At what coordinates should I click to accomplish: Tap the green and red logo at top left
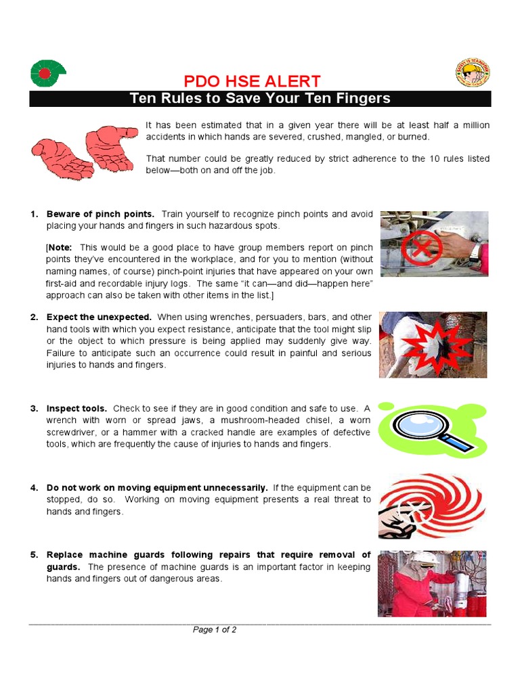pyautogui.click(x=47, y=72)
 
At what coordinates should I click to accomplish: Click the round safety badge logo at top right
pyautogui.click(x=472, y=72)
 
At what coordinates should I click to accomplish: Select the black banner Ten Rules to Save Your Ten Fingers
pyautogui.click(x=260, y=99)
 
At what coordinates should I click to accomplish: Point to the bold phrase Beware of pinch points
pyautogui.click(x=100, y=215)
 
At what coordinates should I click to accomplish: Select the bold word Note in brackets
pyautogui.click(x=60, y=247)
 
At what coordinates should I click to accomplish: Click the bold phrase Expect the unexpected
pyautogui.click(x=99, y=317)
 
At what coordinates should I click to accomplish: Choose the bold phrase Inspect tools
pyautogui.click(x=77, y=409)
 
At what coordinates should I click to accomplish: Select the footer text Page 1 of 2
pyautogui.click(x=215, y=629)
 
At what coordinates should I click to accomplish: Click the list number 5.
pyautogui.click(x=34, y=555)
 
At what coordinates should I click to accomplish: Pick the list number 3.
pyautogui.click(x=34, y=409)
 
